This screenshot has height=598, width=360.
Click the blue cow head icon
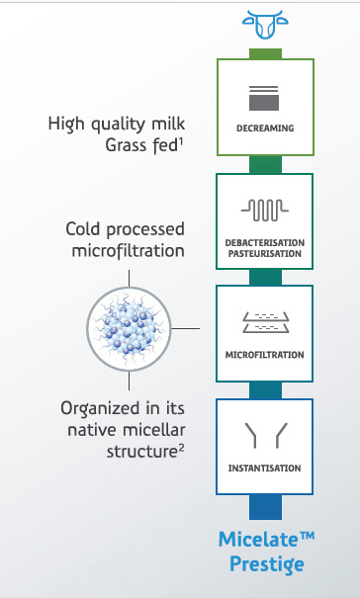[265, 25]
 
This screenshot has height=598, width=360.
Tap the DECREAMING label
[265, 128]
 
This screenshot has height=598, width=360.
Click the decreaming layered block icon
[264, 98]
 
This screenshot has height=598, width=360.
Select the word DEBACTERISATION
[265, 243]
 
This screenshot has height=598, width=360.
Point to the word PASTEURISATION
[265, 254]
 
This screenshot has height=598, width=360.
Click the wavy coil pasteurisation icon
[264, 211]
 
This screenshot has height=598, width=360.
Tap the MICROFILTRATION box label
[264, 355]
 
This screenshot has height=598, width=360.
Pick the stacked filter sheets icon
[266, 322]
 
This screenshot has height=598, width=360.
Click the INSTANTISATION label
[264, 469]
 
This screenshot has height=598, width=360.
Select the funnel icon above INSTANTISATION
[266, 435]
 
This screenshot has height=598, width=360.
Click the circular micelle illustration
[129, 329]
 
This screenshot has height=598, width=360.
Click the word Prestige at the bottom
[267, 564]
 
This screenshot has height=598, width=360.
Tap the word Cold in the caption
[84, 229]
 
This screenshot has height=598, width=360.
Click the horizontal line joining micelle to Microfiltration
[186, 328]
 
